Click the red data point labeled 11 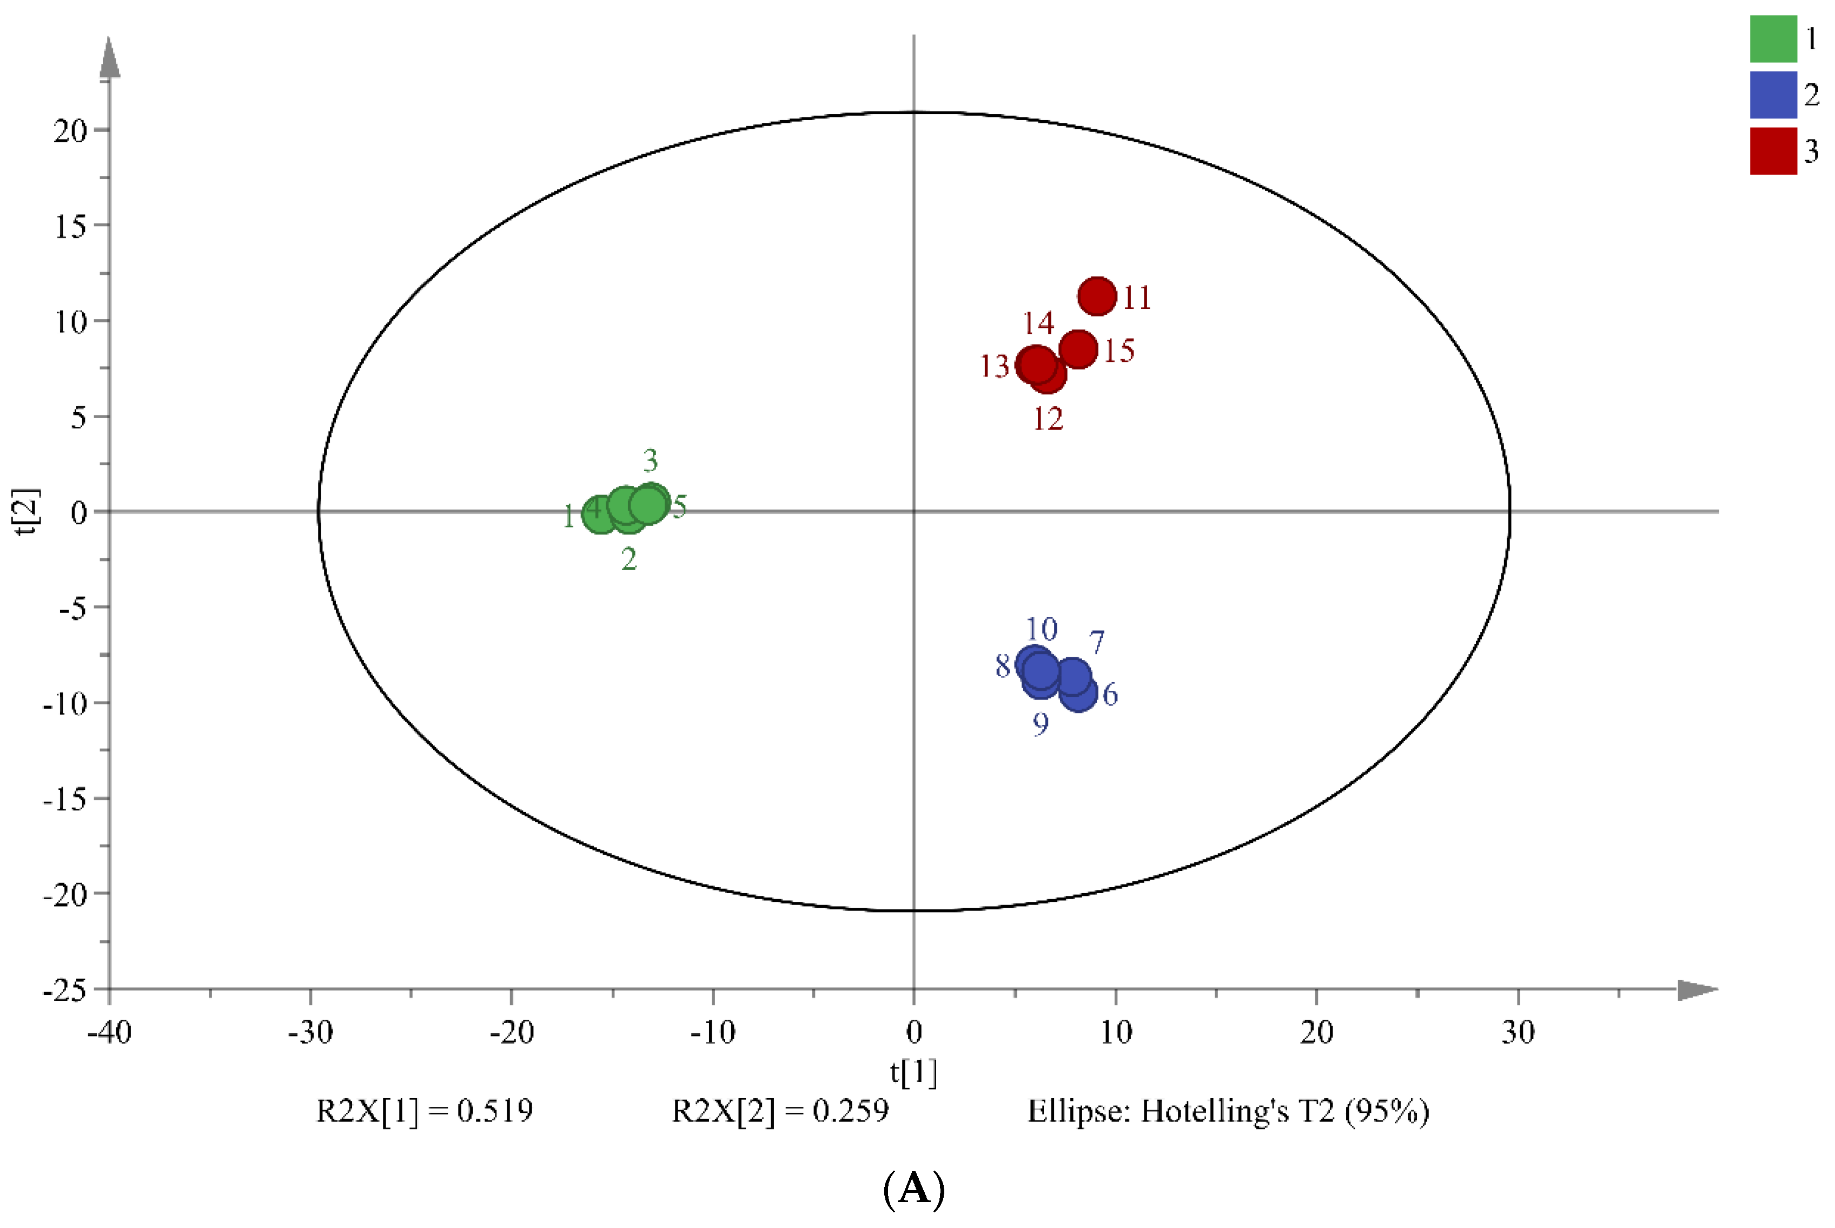point(1097,296)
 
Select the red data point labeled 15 point(1078,348)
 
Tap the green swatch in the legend point(1773,38)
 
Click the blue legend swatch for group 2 point(1773,95)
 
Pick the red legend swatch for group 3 point(1773,150)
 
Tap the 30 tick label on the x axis point(1517,1032)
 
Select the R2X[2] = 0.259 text point(780,1111)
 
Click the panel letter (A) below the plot point(913,1189)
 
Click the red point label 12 point(1048,419)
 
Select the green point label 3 point(650,460)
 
